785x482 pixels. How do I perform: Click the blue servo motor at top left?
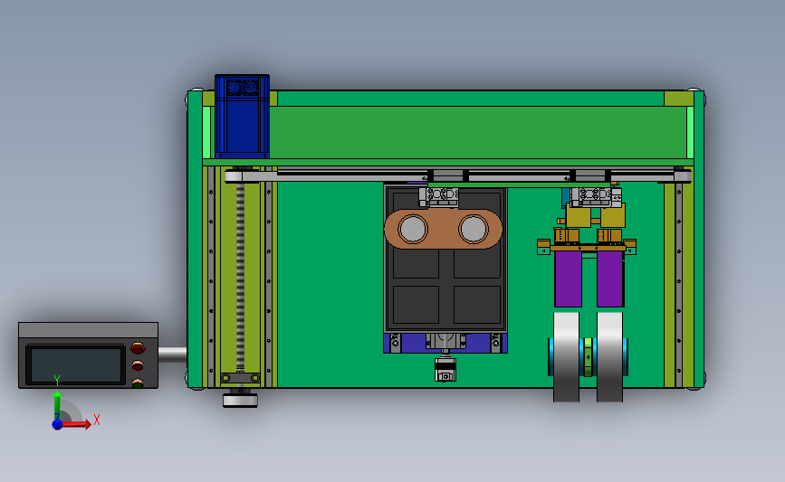(x=242, y=116)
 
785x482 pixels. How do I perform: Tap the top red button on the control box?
(x=138, y=348)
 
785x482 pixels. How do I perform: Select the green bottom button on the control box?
(x=138, y=383)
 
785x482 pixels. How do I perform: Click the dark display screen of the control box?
(x=75, y=365)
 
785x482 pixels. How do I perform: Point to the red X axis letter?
(x=97, y=420)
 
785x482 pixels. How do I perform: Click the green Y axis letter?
(x=57, y=382)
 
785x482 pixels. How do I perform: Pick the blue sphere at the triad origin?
(x=58, y=424)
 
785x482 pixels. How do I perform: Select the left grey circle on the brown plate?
(x=413, y=229)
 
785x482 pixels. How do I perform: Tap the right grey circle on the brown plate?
(x=474, y=229)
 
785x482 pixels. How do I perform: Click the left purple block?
(x=569, y=279)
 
